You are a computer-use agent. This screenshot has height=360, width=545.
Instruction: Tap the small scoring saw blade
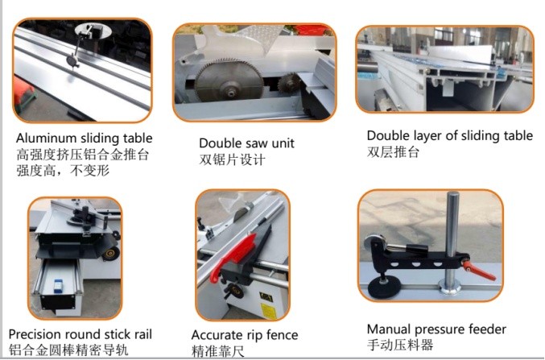pyautogui.click(x=288, y=83)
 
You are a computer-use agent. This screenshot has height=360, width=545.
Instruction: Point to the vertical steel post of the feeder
pyautogui.click(x=452, y=241)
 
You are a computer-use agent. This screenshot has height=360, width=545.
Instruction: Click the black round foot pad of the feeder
pyautogui.click(x=383, y=288)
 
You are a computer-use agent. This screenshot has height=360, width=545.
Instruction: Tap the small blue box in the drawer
pyautogui.click(x=58, y=283)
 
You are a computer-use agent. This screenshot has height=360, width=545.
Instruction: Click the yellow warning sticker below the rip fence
pyautogui.click(x=268, y=310)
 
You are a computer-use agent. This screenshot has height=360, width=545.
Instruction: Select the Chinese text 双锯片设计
pyautogui.click(x=232, y=159)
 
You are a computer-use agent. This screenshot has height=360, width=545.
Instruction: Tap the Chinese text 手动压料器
pyautogui.click(x=400, y=345)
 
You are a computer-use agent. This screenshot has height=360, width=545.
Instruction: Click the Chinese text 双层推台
pyautogui.click(x=393, y=152)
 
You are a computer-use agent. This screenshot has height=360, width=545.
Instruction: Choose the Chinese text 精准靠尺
pyautogui.click(x=217, y=351)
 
